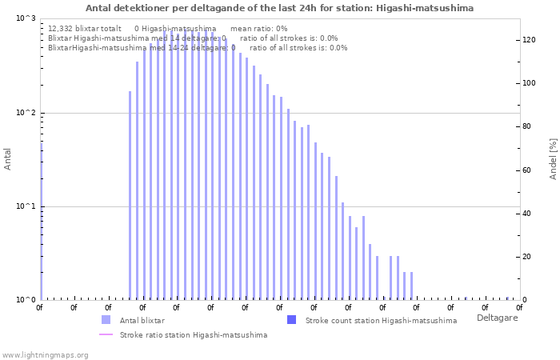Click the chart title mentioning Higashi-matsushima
pos(279,8)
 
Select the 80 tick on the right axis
pos(527,126)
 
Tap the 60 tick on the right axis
pos(527,170)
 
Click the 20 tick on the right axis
pos(527,257)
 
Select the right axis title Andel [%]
pos(552,158)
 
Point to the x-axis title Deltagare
pos(497,318)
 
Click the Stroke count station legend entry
pos(381,320)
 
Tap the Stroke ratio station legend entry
pos(193,334)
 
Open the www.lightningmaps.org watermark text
pos(45,354)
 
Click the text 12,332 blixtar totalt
pos(84,28)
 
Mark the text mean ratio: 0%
pos(258,28)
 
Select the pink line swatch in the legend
pos(106,334)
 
